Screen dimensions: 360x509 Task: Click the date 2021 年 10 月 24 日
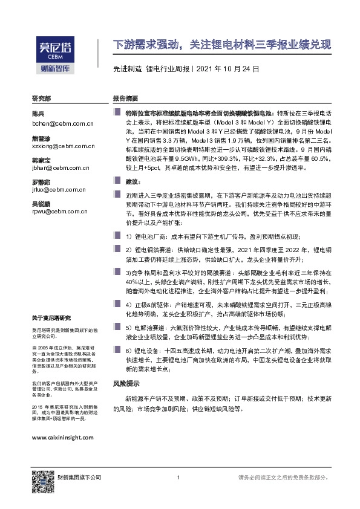coord(227,69)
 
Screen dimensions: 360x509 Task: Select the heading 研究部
coord(42,98)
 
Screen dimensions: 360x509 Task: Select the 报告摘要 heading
coord(126,98)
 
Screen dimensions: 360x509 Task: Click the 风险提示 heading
coord(126,383)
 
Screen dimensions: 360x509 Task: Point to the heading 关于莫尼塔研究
coord(51,318)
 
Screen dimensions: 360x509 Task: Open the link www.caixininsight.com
coord(62,436)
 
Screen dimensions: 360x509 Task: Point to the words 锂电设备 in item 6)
coord(146,351)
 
